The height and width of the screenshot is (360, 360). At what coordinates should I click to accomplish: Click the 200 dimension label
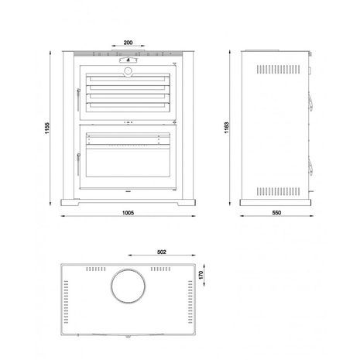point(128,43)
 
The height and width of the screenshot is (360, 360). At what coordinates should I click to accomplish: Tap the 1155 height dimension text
point(46,128)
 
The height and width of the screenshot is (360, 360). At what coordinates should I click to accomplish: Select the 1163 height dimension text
point(226,128)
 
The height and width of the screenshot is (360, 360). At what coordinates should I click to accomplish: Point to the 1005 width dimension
point(128,213)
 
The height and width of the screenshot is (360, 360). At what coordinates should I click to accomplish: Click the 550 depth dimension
point(276,213)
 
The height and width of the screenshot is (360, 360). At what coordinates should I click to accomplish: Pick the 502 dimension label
point(162,252)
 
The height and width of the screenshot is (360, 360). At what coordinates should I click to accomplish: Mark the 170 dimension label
point(201,275)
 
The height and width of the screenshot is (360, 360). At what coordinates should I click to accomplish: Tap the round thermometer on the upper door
point(128,71)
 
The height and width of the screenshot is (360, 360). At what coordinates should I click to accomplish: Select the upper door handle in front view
point(78,99)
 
